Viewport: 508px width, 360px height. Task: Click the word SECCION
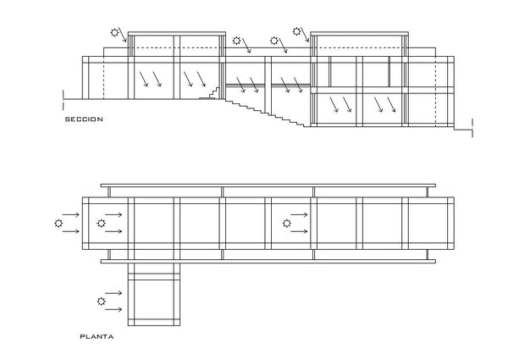[x=84, y=119]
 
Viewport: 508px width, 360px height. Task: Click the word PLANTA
[x=97, y=336]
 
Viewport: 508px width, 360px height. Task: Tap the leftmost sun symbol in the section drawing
[x=114, y=32]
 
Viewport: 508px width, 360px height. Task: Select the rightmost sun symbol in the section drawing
[x=296, y=31]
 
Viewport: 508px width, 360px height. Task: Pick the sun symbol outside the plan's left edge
[x=58, y=224]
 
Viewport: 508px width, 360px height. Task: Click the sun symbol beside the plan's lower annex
[x=102, y=302]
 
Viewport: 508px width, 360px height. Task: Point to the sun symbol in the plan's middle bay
[x=287, y=224]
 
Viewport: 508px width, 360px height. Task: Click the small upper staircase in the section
[x=210, y=92]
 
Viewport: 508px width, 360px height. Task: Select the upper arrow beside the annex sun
[x=113, y=293]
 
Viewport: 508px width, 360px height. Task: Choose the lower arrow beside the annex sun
[x=113, y=310]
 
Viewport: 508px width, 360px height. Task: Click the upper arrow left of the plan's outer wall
[x=71, y=214]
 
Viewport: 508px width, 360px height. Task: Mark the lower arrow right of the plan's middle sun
[x=299, y=231]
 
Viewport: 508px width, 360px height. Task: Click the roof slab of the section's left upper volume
[x=177, y=33]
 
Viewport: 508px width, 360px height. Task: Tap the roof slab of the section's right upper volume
[x=360, y=33]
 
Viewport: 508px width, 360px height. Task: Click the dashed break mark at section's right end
[x=472, y=128]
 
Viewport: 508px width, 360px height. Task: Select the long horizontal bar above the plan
[x=268, y=186]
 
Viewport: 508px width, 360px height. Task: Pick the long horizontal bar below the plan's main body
[x=268, y=261]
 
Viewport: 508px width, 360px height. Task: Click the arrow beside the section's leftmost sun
[x=122, y=35]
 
